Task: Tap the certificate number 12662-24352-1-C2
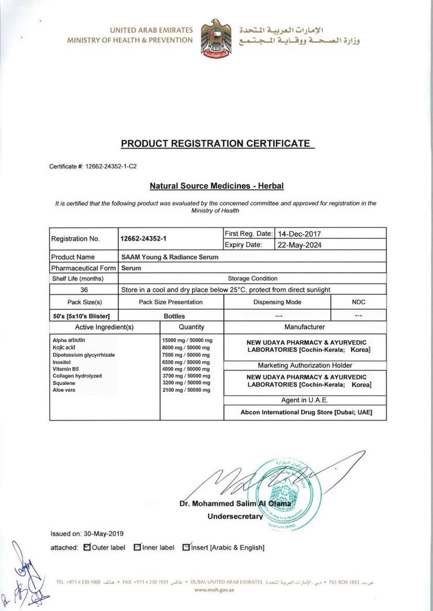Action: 109,166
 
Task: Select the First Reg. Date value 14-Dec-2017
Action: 298,234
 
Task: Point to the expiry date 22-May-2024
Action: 298,245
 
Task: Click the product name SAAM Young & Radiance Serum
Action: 169,257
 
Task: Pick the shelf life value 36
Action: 84,290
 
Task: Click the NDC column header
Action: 359,302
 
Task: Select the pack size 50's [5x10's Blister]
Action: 81,316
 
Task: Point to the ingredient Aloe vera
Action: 64,390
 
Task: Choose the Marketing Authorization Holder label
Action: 304,365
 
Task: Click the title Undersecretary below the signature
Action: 235,516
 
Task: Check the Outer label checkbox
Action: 87,547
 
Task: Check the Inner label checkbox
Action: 137,547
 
